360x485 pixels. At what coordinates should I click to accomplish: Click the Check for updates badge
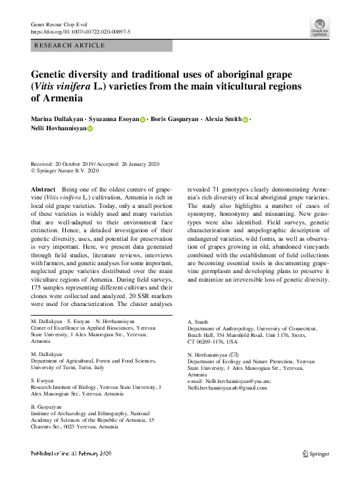[320, 29]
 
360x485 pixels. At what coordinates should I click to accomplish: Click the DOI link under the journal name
[81, 31]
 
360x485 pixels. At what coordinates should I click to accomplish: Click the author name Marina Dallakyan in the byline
[59, 119]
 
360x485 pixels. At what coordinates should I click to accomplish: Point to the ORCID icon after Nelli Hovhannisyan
[90, 130]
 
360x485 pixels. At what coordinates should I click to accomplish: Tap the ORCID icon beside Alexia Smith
[245, 120]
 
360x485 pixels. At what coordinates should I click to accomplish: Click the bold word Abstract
[43, 190]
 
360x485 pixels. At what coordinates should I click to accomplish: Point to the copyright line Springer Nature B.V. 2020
[68, 170]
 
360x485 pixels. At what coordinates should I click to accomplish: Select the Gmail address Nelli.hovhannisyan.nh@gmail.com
[227, 388]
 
